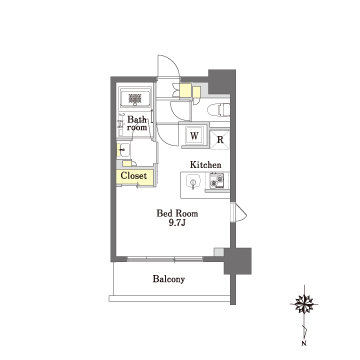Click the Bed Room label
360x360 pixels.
tap(177, 213)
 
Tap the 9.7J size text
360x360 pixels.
tap(177, 223)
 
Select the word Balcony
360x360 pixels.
tap(169, 279)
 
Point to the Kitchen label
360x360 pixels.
tap(205, 165)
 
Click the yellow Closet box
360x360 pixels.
tap(134, 177)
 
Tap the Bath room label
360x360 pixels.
tap(137, 123)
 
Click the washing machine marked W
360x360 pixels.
tap(195, 135)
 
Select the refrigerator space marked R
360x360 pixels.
tap(220, 140)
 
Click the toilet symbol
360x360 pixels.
tap(218, 109)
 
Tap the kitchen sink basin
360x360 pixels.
tap(192, 182)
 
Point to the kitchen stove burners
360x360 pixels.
tap(216, 180)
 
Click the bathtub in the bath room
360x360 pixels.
tap(135, 98)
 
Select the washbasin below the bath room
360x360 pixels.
tap(123, 150)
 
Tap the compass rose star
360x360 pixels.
tap(304, 304)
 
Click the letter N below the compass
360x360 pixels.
tap(304, 343)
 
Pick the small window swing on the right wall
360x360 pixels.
tap(240, 212)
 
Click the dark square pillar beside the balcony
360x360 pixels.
tap(237, 261)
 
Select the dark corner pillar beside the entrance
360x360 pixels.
tap(222, 82)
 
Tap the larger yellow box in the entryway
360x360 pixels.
tap(185, 90)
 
